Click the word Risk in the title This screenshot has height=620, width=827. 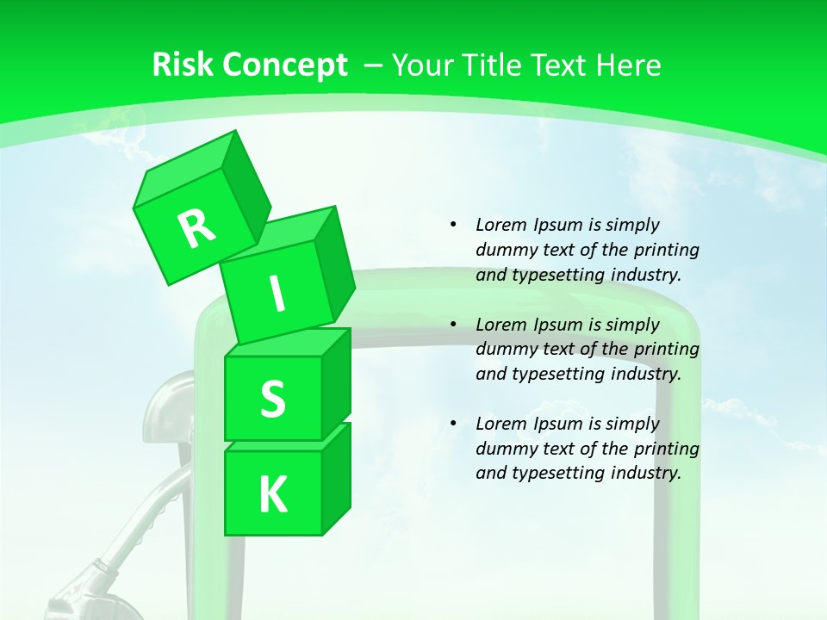coord(182,65)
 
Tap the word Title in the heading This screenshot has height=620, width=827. coord(494,65)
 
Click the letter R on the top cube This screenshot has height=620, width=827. coord(197,228)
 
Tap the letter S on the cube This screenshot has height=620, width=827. coord(272,400)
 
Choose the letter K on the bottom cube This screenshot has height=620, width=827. coord(272,494)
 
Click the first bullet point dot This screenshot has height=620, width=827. coord(453,226)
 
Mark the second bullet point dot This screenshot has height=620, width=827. coord(453,325)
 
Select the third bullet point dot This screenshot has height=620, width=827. coord(453,424)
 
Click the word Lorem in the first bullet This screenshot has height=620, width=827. coord(501,226)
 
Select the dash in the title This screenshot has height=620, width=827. coord(374,65)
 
